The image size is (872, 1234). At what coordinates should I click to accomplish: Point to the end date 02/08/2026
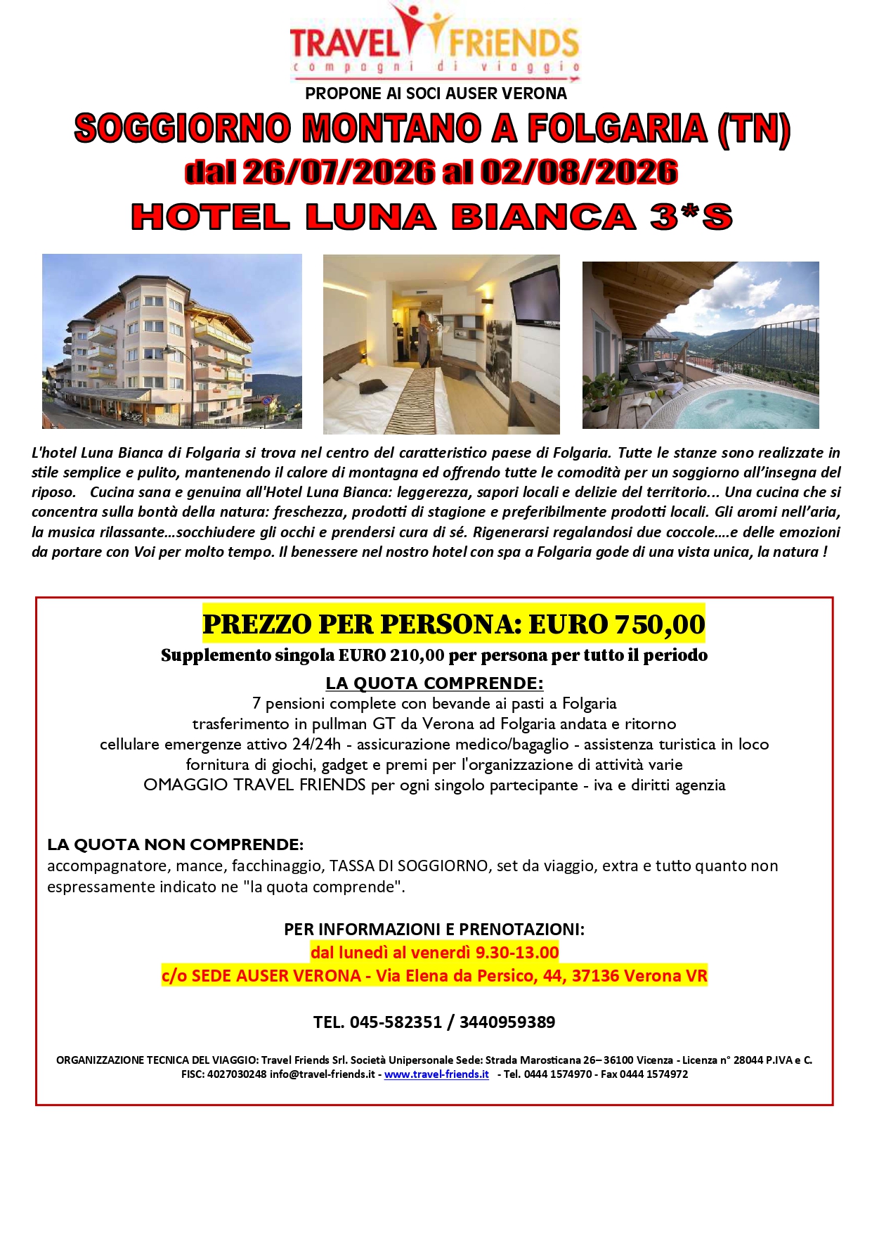pyautogui.click(x=579, y=172)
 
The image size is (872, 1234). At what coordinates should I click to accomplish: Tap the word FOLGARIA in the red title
pyautogui.click(x=616, y=129)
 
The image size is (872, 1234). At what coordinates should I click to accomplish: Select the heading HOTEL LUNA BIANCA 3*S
pyautogui.click(x=432, y=217)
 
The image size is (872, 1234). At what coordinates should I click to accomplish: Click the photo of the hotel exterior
pyautogui.click(x=171, y=341)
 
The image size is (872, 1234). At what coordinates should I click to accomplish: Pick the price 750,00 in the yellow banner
pyautogui.click(x=659, y=624)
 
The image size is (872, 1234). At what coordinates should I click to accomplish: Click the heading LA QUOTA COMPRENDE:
pyautogui.click(x=434, y=683)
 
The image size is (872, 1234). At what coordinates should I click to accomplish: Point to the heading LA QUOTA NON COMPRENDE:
pyautogui.click(x=175, y=844)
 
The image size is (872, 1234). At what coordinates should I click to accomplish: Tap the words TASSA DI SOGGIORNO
pyautogui.click(x=408, y=866)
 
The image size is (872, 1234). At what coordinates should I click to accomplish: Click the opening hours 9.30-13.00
pyautogui.click(x=517, y=952)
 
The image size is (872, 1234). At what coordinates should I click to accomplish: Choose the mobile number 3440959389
pyautogui.click(x=507, y=1022)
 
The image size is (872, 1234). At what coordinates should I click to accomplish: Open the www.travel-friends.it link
pyautogui.click(x=436, y=1074)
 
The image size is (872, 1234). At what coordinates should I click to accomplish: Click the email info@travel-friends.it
pyautogui.click(x=322, y=1074)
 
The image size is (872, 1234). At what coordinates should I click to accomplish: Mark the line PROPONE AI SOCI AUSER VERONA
pyautogui.click(x=436, y=94)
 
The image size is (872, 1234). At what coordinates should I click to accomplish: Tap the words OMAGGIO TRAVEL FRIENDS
pyautogui.click(x=254, y=785)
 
